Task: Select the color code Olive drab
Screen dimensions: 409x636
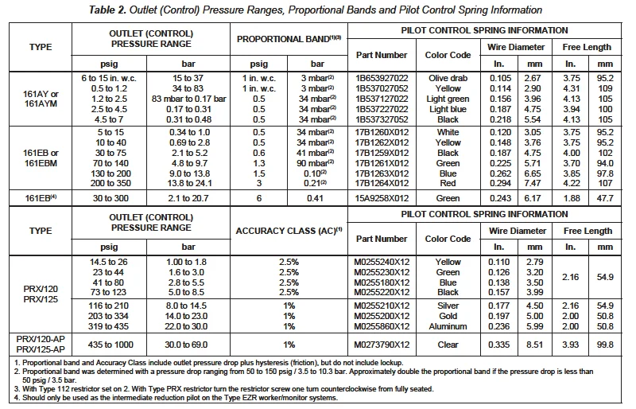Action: tap(448, 79)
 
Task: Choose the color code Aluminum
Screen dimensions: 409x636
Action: tap(448, 327)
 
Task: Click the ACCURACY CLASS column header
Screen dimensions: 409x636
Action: tap(288, 231)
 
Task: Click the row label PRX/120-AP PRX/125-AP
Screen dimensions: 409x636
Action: tap(40, 344)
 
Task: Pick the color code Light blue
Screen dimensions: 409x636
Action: tap(448, 109)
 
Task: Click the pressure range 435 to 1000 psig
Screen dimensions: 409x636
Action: tap(113, 344)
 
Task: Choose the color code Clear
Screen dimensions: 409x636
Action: tap(448, 344)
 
